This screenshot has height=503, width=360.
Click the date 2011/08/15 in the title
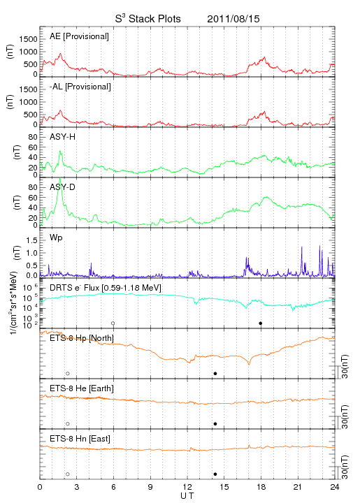point(233,19)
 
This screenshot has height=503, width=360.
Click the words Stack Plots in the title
point(154,19)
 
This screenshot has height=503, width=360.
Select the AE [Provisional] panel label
point(79,36)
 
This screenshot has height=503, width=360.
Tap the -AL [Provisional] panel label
point(80,87)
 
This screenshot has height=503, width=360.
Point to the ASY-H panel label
point(63,137)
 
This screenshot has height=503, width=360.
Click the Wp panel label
point(56,238)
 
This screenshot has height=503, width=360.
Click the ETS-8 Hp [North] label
point(82,338)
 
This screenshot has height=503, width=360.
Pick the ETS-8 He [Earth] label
point(82,388)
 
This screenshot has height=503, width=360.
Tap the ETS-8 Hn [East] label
point(80,439)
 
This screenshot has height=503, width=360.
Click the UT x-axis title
point(187,495)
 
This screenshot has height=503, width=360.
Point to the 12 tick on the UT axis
point(187,487)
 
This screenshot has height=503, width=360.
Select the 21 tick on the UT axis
point(298,487)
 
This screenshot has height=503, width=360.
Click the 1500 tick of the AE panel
point(29,39)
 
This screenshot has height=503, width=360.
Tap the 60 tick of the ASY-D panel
point(33,198)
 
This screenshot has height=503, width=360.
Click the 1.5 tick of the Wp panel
point(32,240)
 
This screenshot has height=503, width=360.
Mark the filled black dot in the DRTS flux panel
point(261,323)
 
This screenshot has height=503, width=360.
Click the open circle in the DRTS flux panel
point(113,323)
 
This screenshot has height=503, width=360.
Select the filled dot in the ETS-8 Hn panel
point(215,474)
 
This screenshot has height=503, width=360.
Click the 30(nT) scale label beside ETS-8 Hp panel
point(345,366)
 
